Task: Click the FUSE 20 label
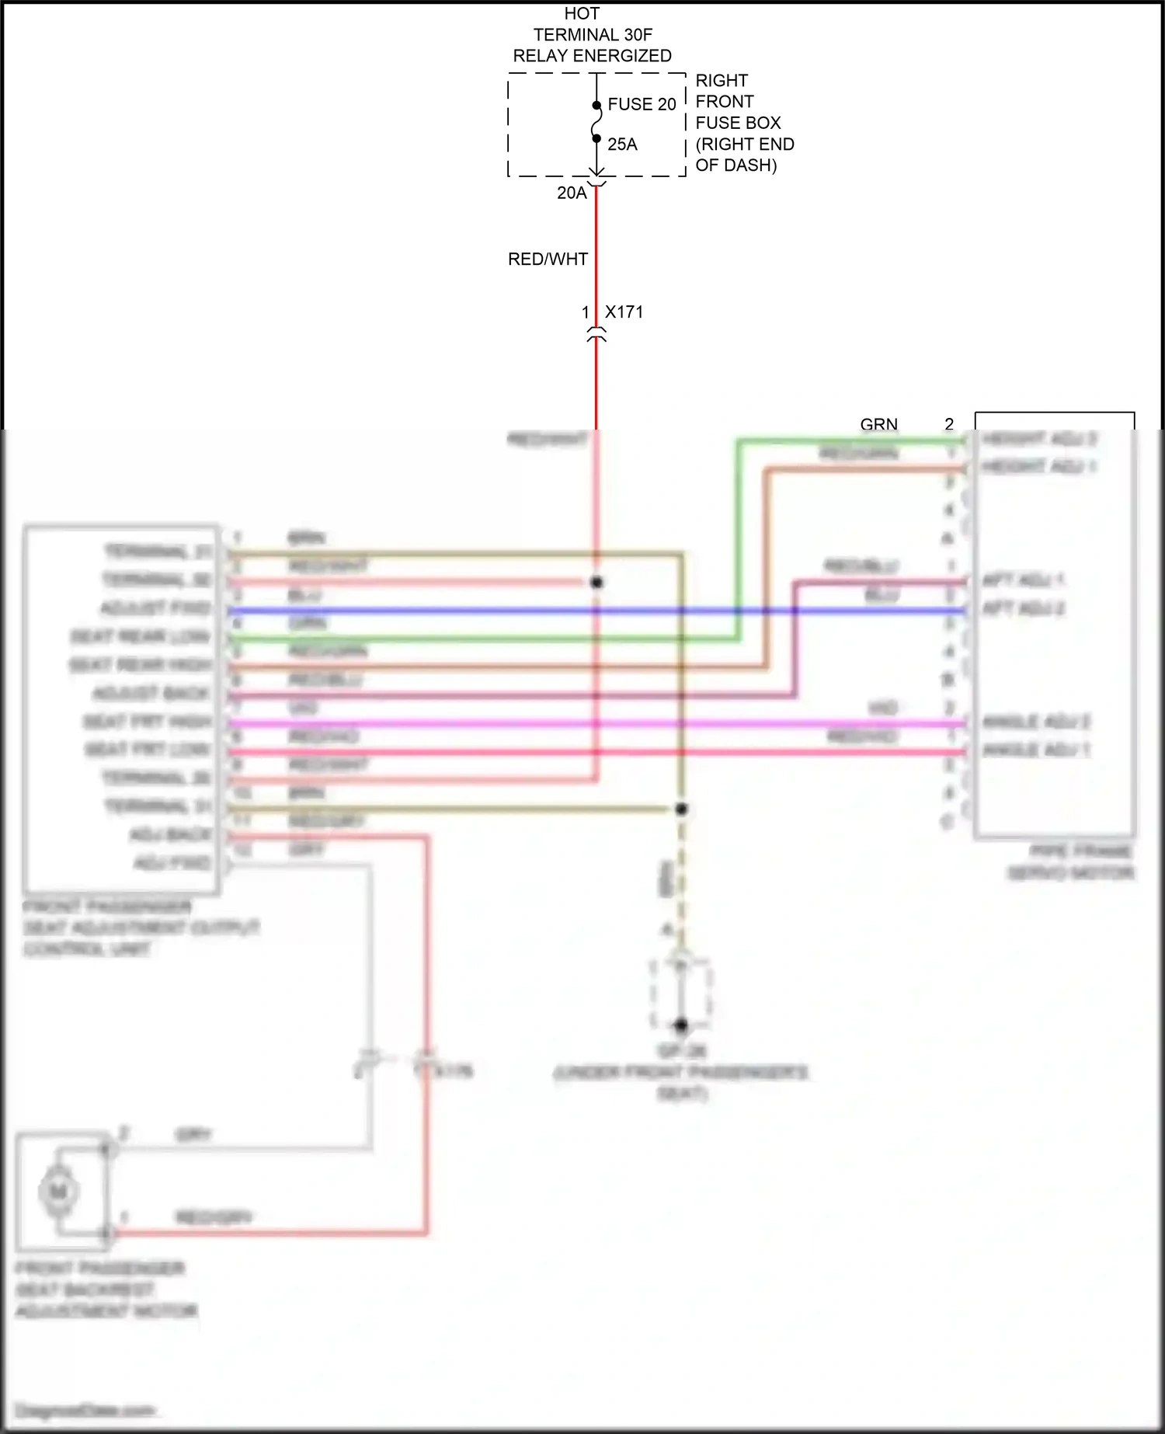pos(642,104)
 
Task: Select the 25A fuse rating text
pos(622,144)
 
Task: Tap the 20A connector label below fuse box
pos(572,193)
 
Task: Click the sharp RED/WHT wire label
pos(548,259)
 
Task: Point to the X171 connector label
pos(624,312)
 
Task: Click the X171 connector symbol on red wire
pos(596,335)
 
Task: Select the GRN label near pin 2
pos(878,424)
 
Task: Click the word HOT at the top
pos(582,14)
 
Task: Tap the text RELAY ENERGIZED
pos(592,56)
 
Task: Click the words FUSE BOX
pos(738,123)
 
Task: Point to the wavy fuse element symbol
pos(596,122)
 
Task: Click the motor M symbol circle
pos(58,1191)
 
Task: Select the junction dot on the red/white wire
pos(596,582)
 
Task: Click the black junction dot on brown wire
pos(681,809)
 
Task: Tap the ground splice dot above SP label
pos(681,1025)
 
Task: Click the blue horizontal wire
pos(482,611)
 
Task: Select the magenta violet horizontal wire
pos(482,724)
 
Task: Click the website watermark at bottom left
pos(85,1410)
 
